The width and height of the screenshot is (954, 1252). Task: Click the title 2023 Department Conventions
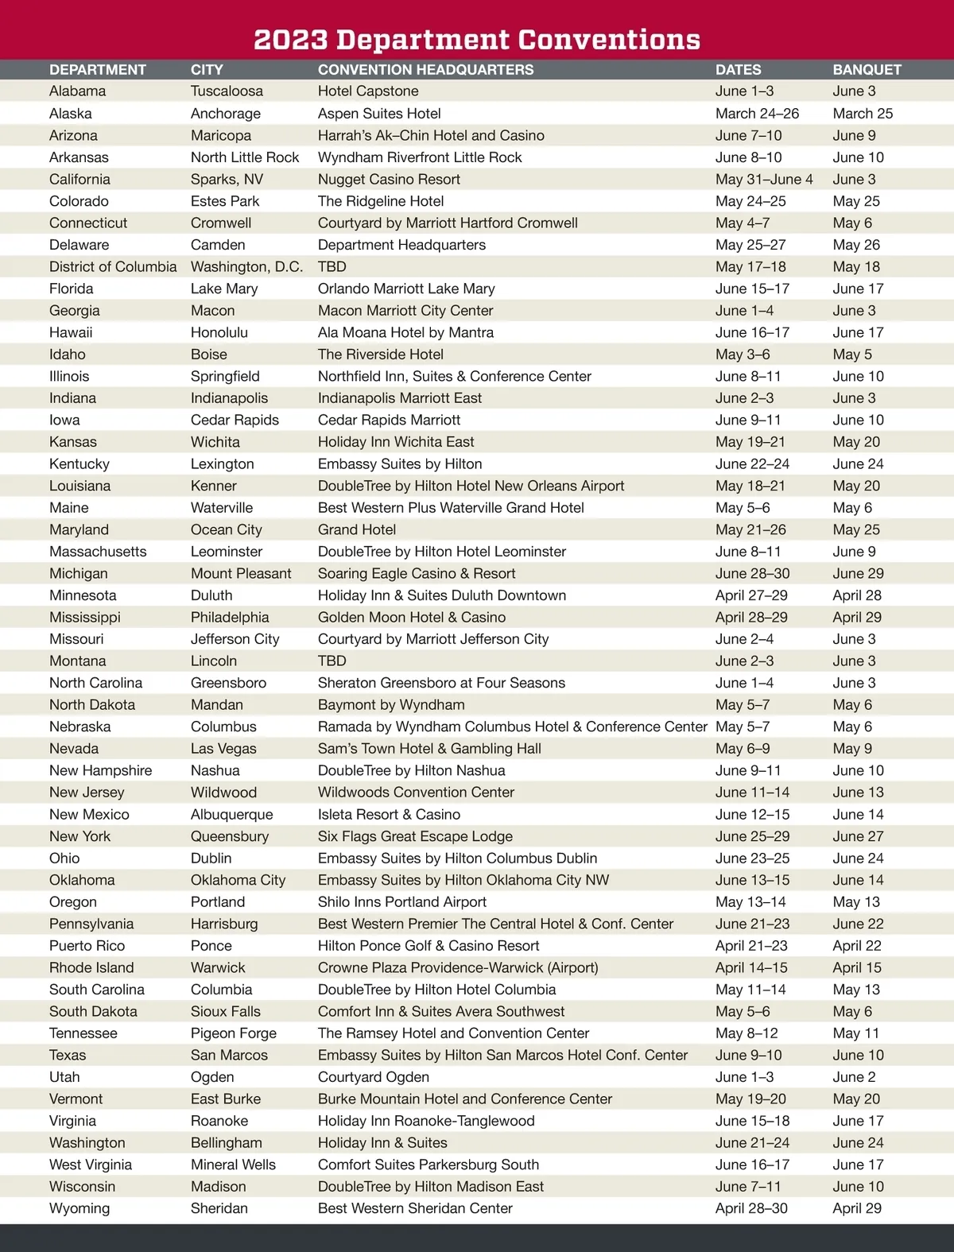(x=477, y=39)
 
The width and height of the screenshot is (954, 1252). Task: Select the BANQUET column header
(x=867, y=70)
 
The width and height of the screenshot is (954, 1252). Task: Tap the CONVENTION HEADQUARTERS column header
(x=425, y=70)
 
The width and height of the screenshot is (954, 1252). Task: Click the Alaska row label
(x=70, y=114)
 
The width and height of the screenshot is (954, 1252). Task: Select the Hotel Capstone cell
(x=368, y=91)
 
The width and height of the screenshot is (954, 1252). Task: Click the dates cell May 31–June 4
(x=764, y=180)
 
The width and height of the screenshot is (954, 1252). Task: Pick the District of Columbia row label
(x=113, y=267)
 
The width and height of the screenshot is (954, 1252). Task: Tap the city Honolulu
(x=219, y=332)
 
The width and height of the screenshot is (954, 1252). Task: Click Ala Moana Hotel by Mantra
(x=405, y=332)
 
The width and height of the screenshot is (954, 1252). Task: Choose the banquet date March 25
(x=863, y=114)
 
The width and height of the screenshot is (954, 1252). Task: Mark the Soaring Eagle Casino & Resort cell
(x=417, y=573)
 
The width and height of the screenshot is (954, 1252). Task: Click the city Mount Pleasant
(x=241, y=573)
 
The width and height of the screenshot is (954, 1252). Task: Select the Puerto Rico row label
(x=87, y=946)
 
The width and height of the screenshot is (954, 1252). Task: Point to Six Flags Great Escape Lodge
(x=415, y=836)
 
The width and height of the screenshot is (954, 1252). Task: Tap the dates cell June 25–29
(x=752, y=836)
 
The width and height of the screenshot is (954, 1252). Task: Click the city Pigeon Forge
(x=234, y=1033)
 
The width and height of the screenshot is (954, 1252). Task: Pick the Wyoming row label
(x=79, y=1208)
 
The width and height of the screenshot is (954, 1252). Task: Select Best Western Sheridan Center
(x=415, y=1208)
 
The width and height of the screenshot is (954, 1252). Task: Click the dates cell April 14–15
(x=751, y=967)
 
